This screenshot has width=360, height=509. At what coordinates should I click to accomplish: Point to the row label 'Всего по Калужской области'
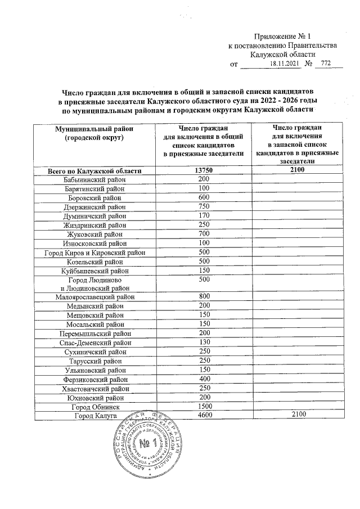tap(94, 170)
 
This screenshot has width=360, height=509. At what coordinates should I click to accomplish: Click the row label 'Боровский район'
tap(94, 197)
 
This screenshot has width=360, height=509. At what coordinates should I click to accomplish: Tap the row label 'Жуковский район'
tap(94, 233)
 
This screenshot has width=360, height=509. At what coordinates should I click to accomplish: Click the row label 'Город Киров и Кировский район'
tap(94, 251)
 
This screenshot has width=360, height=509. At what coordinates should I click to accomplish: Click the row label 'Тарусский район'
tap(94, 361)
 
